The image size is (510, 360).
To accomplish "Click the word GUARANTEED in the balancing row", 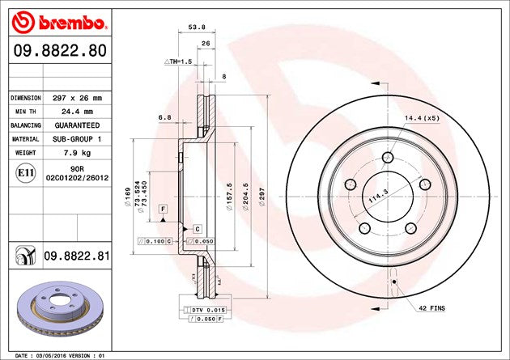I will pos(78,125).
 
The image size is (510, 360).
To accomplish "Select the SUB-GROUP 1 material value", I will pos(78,139).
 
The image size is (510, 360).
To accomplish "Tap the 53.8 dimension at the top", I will pos(196,27).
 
